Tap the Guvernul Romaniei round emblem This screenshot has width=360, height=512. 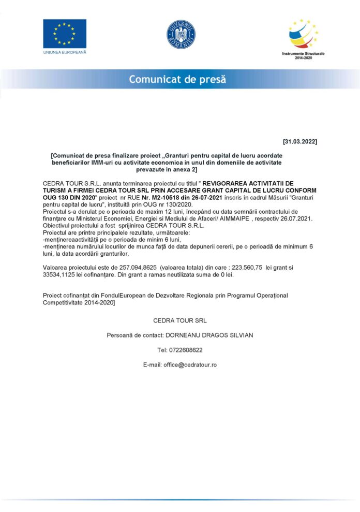[181, 34]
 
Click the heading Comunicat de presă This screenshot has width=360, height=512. [177, 80]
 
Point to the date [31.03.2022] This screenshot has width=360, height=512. [300, 141]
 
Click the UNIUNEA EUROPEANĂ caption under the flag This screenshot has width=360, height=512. [65, 52]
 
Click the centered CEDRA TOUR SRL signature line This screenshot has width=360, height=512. [180, 320]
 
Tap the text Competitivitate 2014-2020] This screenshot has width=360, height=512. [79, 302]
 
